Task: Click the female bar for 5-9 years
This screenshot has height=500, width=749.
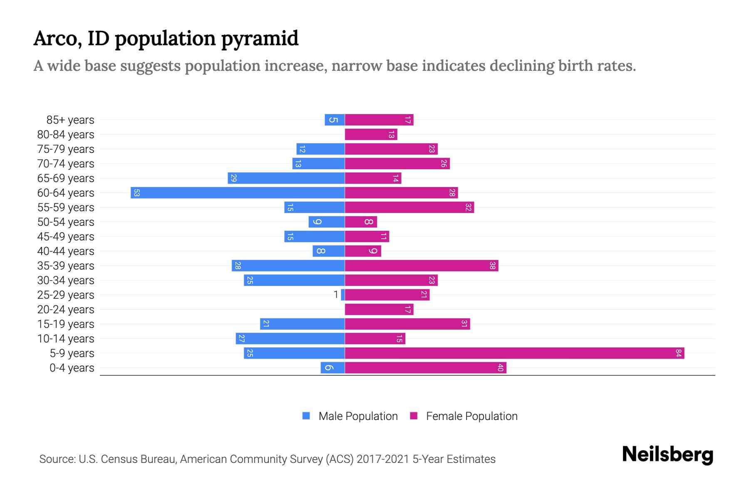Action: click(x=514, y=353)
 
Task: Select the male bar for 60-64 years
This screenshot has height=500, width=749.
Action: click(x=238, y=193)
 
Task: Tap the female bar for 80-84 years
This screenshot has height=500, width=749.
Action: click(x=371, y=135)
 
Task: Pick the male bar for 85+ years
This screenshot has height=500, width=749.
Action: click(x=335, y=120)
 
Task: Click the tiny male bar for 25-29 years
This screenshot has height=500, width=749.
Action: click(x=343, y=295)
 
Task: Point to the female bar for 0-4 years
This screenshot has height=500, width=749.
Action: click(x=425, y=368)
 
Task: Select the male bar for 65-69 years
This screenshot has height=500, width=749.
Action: click(x=286, y=178)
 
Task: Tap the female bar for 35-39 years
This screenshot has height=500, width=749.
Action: click(x=422, y=266)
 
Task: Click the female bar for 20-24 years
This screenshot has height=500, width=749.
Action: click(x=379, y=310)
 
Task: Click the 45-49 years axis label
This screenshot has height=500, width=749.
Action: click(x=66, y=237)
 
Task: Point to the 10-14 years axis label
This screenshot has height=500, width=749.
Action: click(x=66, y=339)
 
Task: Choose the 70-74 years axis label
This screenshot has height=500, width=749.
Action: click(x=66, y=164)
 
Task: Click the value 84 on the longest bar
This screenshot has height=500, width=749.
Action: click(x=678, y=353)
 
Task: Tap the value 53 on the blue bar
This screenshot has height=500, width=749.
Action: click(x=136, y=193)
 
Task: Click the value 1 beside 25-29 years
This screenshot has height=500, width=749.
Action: click(x=336, y=295)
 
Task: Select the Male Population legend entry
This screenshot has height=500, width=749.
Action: click(x=358, y=416)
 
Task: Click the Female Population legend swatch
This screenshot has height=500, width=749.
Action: click(x=414, y=416)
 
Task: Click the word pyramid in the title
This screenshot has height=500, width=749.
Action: click(x=260, y=39)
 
